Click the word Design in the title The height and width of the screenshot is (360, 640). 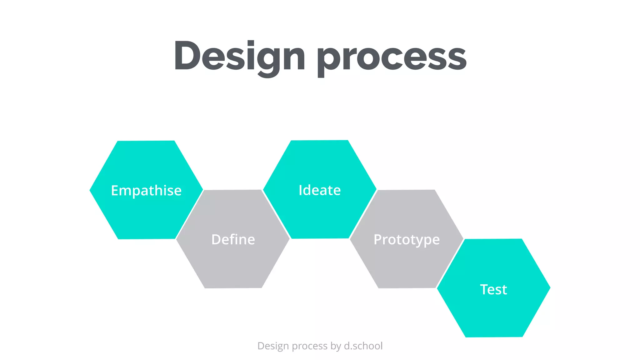(x=239, y=56)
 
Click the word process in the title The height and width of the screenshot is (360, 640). (x=392, y=58)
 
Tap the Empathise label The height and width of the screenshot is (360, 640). (x=146, y=190)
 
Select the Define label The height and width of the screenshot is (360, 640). (x=233, y=240)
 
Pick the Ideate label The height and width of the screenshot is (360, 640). (x=320, y=190)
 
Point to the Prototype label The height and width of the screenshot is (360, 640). (x=407, y=240)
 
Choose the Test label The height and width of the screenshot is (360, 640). (x=493, y=289)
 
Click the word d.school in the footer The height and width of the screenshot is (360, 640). (x=363, y=346)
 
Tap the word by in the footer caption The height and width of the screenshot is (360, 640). (x=336, y=346)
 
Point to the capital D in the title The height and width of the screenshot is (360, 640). (x=187, y=56)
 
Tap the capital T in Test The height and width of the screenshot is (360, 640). (x=484, y=289)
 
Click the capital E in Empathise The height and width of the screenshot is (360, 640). (x=115, y=190)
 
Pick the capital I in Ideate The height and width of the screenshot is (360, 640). (x=300, y=190)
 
